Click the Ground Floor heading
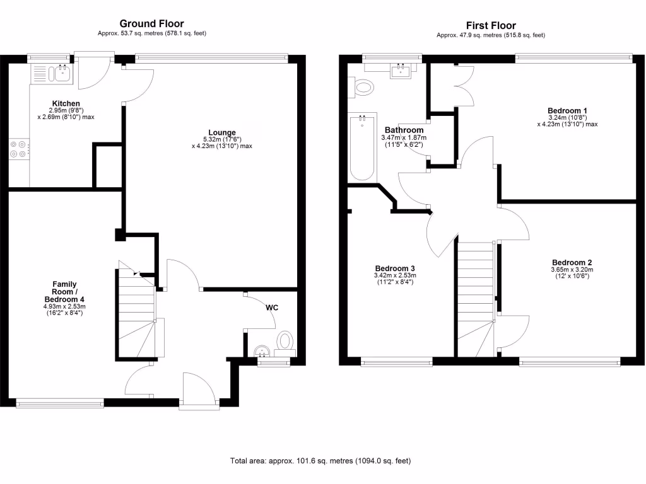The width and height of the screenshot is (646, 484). [x=151, y=24]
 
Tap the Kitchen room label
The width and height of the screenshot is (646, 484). [x=66, y=103]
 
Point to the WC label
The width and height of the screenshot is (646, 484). [x=272, y=308]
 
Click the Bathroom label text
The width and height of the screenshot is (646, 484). [x=404, y=130]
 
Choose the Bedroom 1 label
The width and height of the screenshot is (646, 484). [x=567, y=111]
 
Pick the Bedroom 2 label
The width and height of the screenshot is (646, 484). [x=572, y=263]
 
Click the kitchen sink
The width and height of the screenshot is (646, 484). [x=62, y=73]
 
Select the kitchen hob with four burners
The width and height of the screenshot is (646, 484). [x=18, y=149]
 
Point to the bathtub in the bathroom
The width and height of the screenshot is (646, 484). [x=362, y=147]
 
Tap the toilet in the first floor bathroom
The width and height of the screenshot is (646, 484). [x=364, y=88]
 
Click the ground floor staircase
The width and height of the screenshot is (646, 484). [x=136, y=312]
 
